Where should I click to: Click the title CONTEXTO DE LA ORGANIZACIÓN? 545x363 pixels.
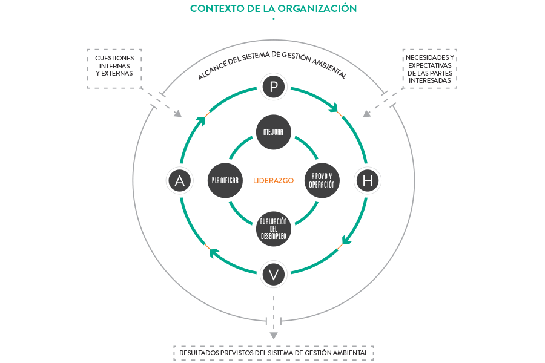point(273,8)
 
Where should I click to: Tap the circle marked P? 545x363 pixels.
point(274,88)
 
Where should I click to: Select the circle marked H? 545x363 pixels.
point(367,180)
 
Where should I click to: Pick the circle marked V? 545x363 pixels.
point(274,275)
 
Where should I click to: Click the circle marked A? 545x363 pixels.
point(179,180)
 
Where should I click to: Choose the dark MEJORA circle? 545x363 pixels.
point(274,131)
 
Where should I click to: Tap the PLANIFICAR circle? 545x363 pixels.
point(225,180)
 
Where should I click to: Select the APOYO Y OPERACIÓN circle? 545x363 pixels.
point(322,180)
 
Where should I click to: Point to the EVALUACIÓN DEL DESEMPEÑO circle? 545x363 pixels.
point(274,229)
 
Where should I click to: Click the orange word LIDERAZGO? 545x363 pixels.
point(273,180)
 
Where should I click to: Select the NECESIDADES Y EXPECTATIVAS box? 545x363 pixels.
point(429,69)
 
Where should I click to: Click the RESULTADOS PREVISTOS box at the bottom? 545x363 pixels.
point(274,353)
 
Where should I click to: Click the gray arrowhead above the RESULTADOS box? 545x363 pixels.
point(274,335)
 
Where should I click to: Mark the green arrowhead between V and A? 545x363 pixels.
point(214,253)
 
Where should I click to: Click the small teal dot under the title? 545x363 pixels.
point(274,19)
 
